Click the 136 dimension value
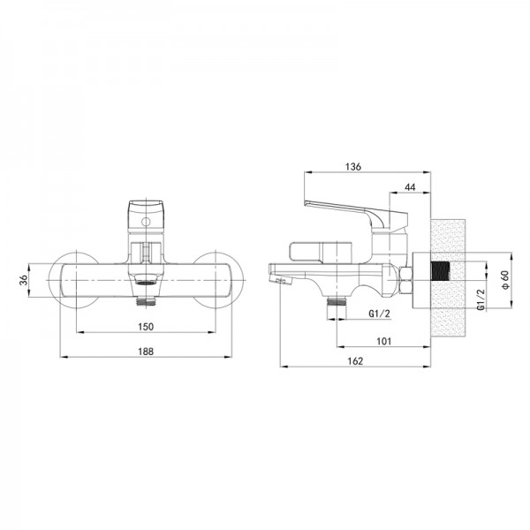point(353,167)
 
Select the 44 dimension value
point(410,187)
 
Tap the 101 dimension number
point(383,341)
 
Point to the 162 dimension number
point(355,361)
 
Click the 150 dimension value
point(146,327)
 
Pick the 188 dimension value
point(146,352)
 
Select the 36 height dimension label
point(23,280)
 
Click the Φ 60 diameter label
point(505,280)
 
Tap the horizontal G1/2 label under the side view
point(379,314)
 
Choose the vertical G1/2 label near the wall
point(481,299)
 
